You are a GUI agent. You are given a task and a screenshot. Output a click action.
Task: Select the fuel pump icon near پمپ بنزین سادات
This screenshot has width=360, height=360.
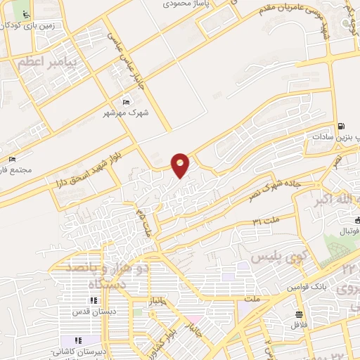(341, 127)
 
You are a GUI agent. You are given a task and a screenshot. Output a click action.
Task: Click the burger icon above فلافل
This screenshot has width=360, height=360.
(299, 314)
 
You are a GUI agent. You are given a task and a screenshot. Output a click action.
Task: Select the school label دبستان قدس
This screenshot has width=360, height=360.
(89, 311)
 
